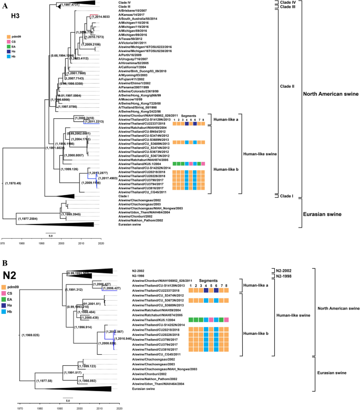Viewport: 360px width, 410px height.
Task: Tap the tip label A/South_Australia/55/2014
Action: pos(139,17)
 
